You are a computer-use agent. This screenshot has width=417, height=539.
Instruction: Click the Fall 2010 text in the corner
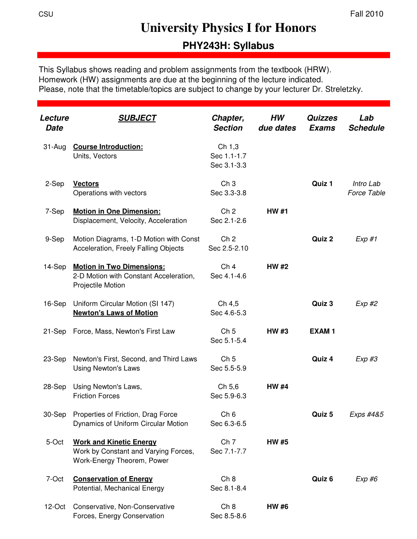366,14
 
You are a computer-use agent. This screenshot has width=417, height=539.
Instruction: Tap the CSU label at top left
46,14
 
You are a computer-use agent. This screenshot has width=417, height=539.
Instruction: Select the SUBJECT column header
137,118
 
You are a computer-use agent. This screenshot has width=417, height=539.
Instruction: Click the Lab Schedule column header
366,123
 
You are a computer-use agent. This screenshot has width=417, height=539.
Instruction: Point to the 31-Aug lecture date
54,147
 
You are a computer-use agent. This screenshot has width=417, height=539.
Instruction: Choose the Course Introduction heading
108,147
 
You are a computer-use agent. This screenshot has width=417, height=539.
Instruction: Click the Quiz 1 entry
322,184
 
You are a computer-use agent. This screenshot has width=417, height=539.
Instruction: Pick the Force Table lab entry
366,193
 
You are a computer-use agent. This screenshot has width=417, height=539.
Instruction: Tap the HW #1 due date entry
277,211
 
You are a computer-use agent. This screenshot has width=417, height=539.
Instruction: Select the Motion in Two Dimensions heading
119,267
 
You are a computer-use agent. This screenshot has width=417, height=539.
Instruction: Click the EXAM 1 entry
322,331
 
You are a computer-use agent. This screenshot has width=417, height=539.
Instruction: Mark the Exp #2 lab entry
366,303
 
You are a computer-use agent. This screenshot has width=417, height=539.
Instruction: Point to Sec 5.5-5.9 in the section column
228,368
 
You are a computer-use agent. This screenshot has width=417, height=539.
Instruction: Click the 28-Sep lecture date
54,387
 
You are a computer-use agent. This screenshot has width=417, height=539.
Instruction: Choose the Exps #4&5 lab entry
366,414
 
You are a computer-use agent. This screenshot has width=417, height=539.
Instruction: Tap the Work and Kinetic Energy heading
114,442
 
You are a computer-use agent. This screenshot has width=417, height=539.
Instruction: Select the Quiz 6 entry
322,479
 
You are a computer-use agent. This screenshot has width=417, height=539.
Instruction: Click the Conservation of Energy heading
113,479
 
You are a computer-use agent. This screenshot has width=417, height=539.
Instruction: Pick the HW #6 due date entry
277,507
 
